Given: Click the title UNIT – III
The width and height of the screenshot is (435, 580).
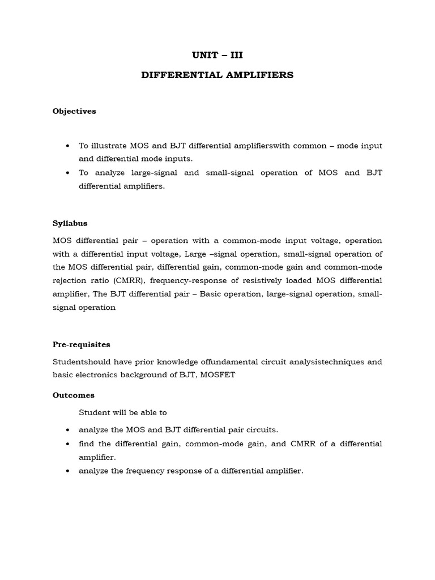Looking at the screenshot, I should click(x=217, y=56).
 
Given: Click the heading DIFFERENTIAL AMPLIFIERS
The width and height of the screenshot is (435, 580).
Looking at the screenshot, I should click(x=217, y=75).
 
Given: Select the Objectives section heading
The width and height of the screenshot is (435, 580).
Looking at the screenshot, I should click(x=74, y=111).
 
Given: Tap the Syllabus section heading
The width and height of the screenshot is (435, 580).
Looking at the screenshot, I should click(x=70, y=223).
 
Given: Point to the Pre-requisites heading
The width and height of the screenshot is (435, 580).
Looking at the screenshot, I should click(x=81, y=344).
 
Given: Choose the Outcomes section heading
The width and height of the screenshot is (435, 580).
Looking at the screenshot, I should click(x=74, y=395).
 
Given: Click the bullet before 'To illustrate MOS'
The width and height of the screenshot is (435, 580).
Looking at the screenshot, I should click(x=68, y=146).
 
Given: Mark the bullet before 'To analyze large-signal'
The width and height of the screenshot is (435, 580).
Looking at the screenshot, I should click(x=68, y=173).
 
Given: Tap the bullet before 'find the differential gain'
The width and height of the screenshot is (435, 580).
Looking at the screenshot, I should click(x=68, y=444).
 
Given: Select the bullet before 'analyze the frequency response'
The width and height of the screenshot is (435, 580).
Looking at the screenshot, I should click(x=68, y=471).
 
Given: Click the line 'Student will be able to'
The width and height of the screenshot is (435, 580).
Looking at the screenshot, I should click(x=123, y=412).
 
